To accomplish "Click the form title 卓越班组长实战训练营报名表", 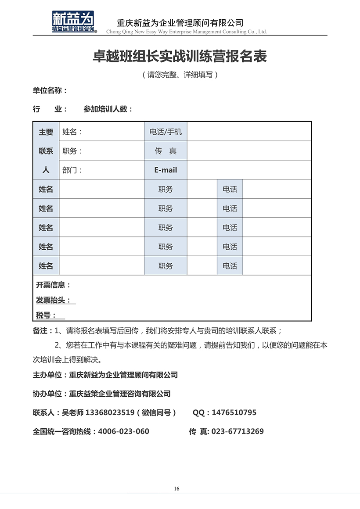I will [180, 57].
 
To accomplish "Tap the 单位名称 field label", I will [50, 90].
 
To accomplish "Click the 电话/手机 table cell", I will [166, 132].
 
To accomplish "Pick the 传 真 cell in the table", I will [166, 151].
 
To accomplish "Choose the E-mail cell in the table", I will [166, 170].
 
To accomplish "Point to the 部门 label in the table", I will [72, 170].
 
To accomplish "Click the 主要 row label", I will [46, 132].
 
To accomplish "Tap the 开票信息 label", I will [53, 285].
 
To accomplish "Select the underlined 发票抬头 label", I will [53, 301].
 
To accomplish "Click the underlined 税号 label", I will [46, 315].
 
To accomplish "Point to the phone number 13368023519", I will [110, 412].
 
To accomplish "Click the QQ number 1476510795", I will [234, 412].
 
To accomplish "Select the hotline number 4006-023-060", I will [123, 431].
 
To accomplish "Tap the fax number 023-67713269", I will [238, 431].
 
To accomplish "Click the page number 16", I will [176, 489].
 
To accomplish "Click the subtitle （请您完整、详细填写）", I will [180, 75].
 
